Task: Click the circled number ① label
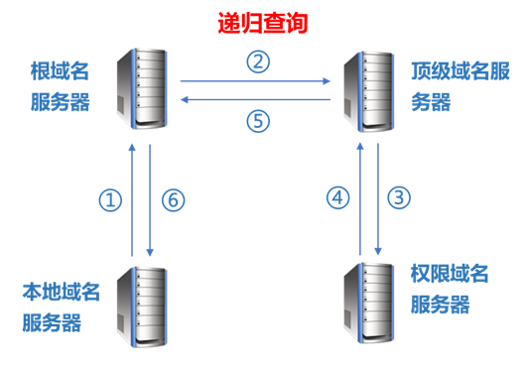109,199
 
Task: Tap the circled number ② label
258,62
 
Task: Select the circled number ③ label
399,197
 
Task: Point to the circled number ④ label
338,198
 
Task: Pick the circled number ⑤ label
258,120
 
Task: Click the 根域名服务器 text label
61,85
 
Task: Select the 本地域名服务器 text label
61,307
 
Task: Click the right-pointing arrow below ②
256,82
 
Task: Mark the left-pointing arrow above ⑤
256,99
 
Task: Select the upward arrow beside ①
132,199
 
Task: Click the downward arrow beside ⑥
150,199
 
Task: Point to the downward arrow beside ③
378,199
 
